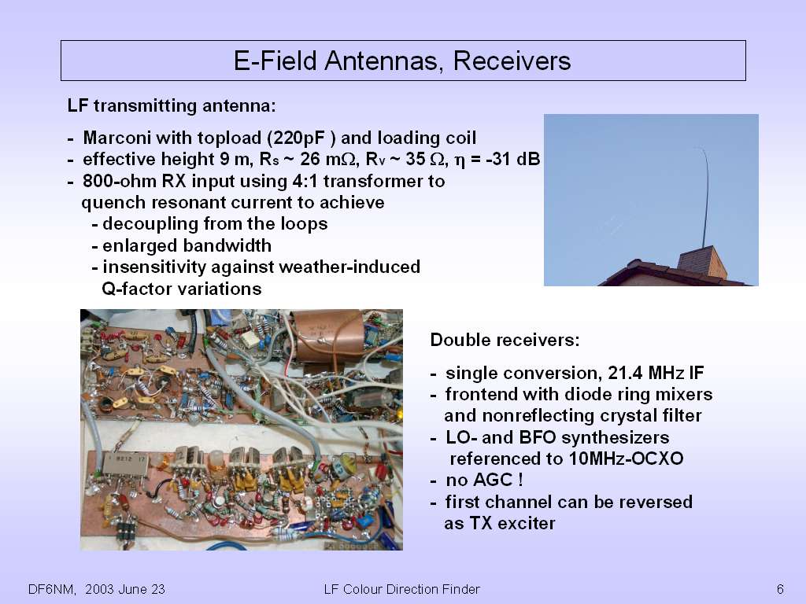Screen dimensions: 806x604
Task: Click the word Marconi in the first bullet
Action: tap(116, 138)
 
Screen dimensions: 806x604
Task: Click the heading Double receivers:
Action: tap(505, 340)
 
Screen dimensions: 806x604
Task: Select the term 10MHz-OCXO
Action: tap(626, 459)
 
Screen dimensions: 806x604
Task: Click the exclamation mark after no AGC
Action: tap(520, 480)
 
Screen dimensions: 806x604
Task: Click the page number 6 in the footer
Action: tap(780, 588)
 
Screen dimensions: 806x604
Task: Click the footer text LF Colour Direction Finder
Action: tap(402, 589)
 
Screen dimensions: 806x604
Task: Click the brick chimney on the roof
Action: tap(701, 263)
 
